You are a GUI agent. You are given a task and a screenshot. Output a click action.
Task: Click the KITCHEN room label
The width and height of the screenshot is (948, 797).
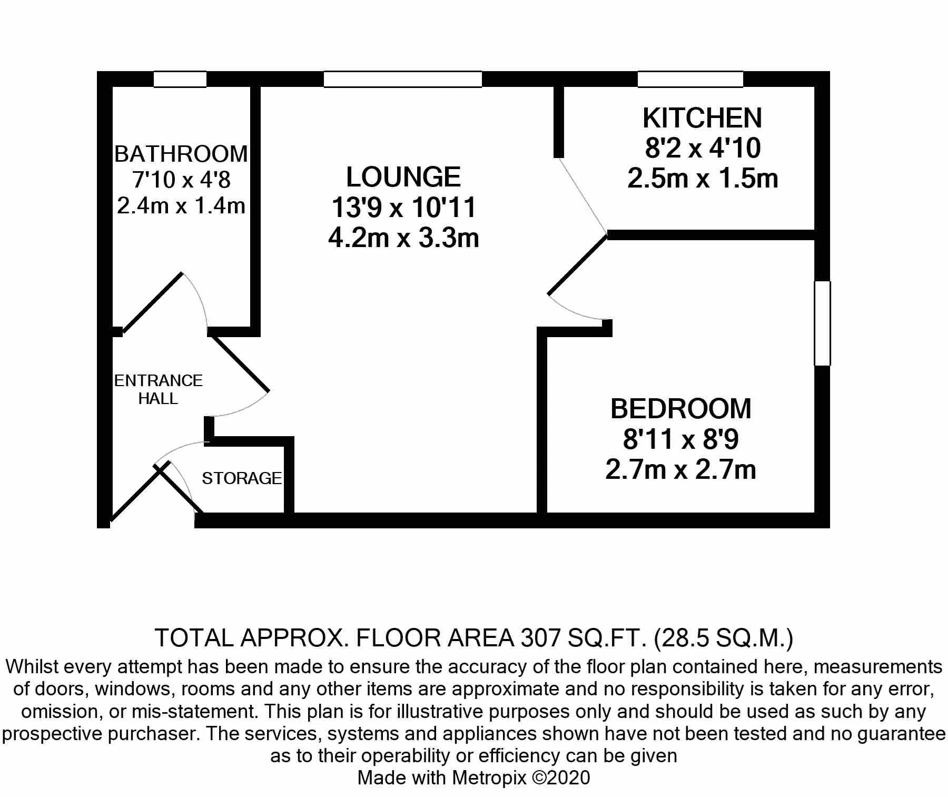pos(702,118)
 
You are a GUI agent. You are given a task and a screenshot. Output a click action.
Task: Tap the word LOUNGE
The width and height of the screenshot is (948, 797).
pos(403,177)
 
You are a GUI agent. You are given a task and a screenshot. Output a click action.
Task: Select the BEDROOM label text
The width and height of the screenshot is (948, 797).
pos(680,409)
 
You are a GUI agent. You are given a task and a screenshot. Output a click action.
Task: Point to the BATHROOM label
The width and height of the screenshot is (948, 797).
pos(181,154)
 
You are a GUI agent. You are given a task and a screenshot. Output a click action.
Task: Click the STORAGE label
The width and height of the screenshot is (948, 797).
pos(242,478)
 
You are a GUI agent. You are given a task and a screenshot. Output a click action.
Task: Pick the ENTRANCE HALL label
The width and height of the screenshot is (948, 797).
pos(159,389)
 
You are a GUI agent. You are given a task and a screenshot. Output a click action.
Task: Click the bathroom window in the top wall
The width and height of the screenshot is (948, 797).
pos(180,79)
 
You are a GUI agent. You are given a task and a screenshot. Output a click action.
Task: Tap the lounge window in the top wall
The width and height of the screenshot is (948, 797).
pos(403,79)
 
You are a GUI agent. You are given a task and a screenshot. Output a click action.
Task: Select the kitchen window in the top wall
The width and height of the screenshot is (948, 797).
pos(690,79)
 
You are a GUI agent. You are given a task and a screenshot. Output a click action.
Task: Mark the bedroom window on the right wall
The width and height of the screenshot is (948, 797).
pos(822,323)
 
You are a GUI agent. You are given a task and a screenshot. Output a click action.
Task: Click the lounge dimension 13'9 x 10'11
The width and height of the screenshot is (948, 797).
pos(403,208)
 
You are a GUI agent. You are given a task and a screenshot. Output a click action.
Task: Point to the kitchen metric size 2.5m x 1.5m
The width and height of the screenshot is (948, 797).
pos(703,179)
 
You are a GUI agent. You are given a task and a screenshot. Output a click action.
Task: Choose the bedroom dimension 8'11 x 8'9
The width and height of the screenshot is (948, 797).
pos(680,439)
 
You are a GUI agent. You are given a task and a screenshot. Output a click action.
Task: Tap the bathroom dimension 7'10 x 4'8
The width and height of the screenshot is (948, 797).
pos(181,180)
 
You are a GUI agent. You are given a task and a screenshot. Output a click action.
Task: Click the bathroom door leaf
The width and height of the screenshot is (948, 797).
pos(152,302)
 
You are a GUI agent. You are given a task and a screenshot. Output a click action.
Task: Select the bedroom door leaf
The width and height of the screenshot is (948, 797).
pos(578,264)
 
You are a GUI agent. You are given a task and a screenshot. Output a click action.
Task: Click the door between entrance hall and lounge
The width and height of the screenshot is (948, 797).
pos(240,364)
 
